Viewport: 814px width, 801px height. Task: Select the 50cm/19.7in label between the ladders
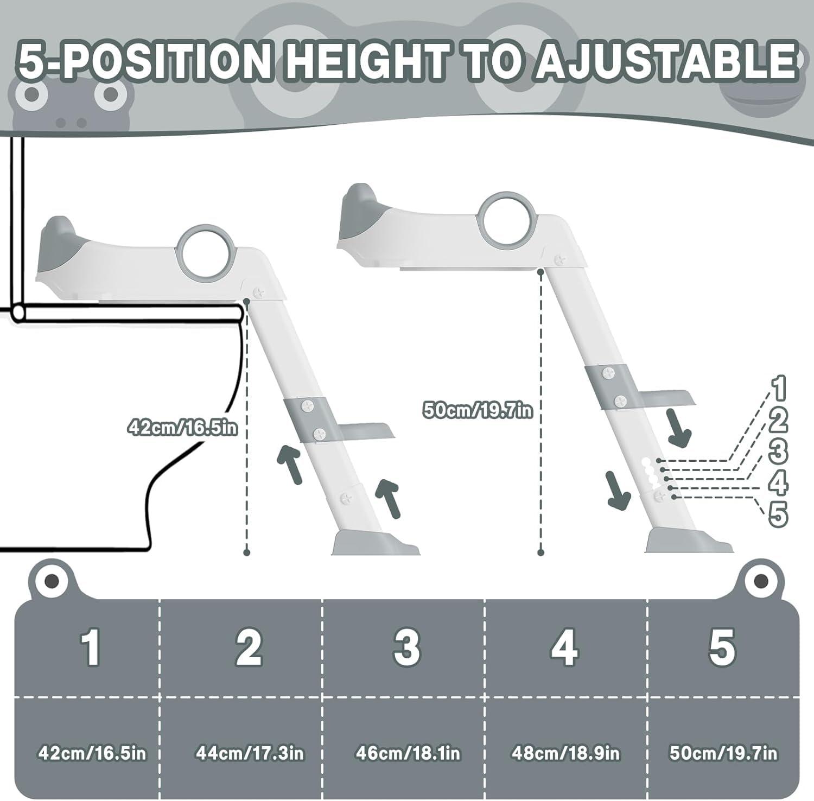click(478, 410)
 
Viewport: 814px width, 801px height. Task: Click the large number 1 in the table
click(91, 647)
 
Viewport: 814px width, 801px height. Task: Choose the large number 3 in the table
click(407, 647)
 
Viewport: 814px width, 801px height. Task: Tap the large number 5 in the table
click(722, 647)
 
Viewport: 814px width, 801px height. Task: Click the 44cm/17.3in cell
click(250, 753)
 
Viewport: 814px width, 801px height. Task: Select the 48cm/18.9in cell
click(565, 753)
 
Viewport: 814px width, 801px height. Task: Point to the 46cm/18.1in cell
click(408, 753)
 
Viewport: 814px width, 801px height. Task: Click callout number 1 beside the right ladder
click(778, 388)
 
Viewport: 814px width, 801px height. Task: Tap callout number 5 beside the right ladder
click(778, 514)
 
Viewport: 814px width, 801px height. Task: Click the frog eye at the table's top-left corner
click(52, 582)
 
